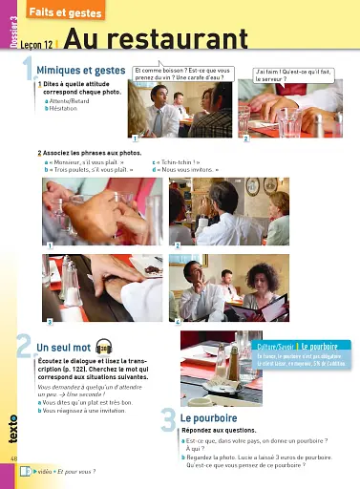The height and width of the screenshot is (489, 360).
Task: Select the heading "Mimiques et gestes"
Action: pyautogui.click(x=81, y=71)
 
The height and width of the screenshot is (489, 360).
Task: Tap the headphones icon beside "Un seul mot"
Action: pyautogui.click(x=104, y=346)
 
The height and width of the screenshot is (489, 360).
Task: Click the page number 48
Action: pyautogui.click(x=13, y=458)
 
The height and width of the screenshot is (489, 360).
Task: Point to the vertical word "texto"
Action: pyautogui.click(x=11, y=430)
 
